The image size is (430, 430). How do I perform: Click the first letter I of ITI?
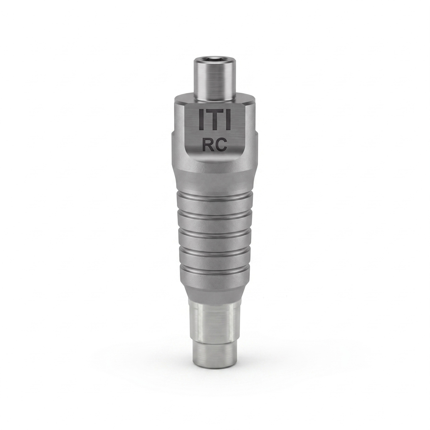[x=201, y=119]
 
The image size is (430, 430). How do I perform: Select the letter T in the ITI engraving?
[x=215, y=119]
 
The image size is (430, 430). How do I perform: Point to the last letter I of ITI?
[x=228, y=119]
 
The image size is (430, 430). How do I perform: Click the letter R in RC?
[x=207, y=145]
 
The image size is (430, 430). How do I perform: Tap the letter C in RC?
[x=221, y=145]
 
